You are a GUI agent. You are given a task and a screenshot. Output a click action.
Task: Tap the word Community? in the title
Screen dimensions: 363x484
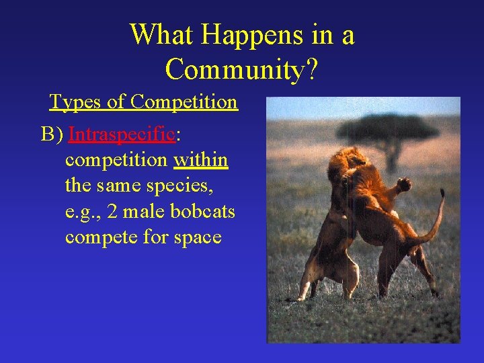(241, 69)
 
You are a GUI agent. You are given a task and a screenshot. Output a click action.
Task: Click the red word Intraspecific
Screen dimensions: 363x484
(122, 134)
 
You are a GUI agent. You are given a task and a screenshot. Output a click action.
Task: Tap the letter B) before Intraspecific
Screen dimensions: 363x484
(52, 134)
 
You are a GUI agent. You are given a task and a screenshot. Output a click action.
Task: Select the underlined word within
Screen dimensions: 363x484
(201, 160)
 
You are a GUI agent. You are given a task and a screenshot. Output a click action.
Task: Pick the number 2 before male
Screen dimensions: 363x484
(112, 212)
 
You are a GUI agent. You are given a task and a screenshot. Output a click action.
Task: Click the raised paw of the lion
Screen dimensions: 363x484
(404, 183)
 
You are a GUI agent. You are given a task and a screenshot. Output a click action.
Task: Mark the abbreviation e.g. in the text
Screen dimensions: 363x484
(81, 212)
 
